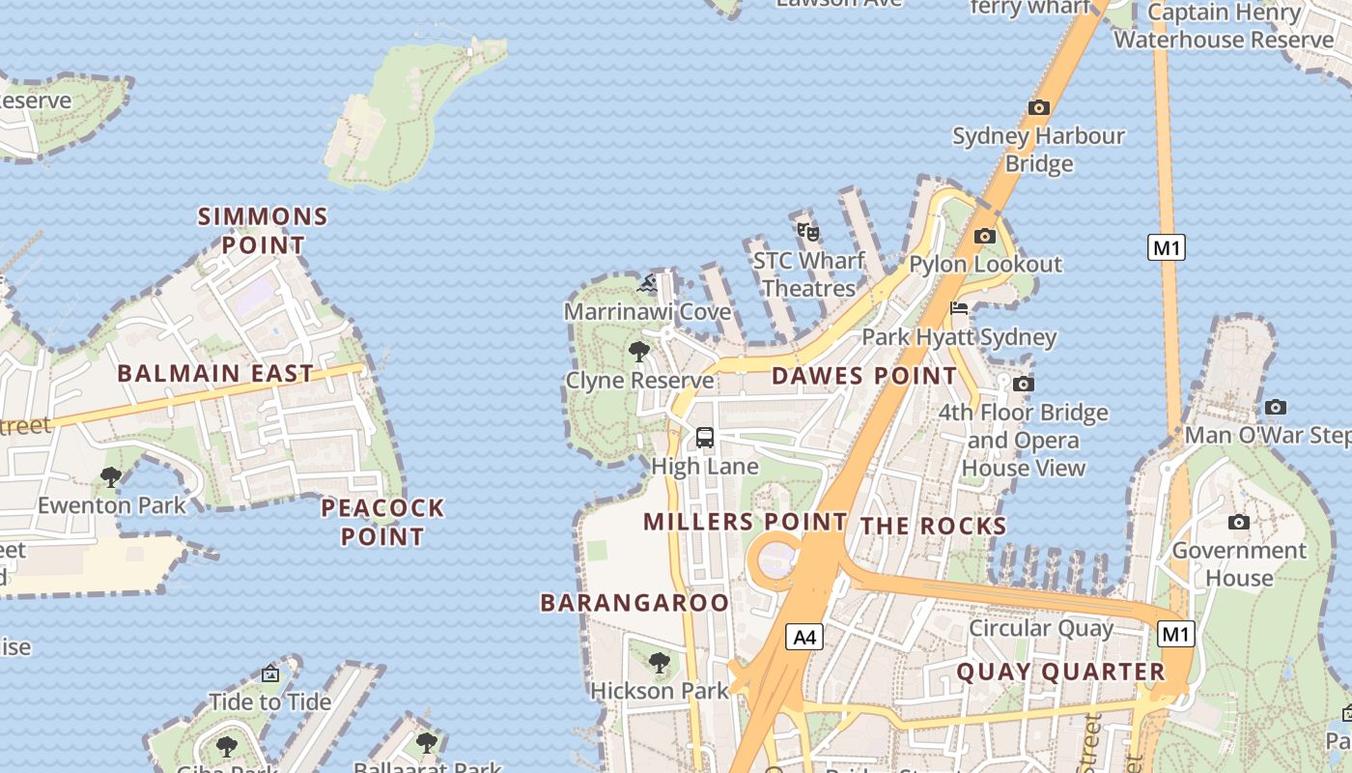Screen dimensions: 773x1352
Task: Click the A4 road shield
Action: pos(804,637)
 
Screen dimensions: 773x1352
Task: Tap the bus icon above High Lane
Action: pos(705,437)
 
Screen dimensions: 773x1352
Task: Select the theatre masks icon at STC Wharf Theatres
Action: pos(807,231)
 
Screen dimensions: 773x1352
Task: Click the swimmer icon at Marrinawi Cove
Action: pos(648,283)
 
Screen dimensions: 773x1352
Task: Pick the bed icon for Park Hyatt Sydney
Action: pos(959,309)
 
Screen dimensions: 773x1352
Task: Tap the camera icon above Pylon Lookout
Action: pos(984,236)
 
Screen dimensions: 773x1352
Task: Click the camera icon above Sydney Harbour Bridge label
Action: pos(1039,107)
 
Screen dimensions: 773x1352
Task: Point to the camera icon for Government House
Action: pos(1238,523)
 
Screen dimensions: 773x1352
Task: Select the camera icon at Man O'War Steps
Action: pos(1275,407)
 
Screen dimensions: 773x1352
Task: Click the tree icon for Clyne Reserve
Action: pos(638,351)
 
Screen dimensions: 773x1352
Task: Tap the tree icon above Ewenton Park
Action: pos(111,476)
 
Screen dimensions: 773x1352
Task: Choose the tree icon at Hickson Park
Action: pos(660,663)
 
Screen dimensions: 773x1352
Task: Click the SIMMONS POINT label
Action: pos(263,230)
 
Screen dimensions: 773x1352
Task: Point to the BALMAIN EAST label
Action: pos(215,374)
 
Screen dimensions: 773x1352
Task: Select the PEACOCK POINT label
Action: pos(382,522)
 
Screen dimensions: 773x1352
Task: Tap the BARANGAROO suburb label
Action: pos(634,603)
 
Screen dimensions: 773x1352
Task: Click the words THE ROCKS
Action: pos(933,526)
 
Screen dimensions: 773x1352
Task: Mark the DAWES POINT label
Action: pos(864,376)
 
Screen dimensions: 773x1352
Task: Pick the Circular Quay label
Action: pos(1041,628)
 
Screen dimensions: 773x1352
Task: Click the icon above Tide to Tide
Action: pos(270,673)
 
